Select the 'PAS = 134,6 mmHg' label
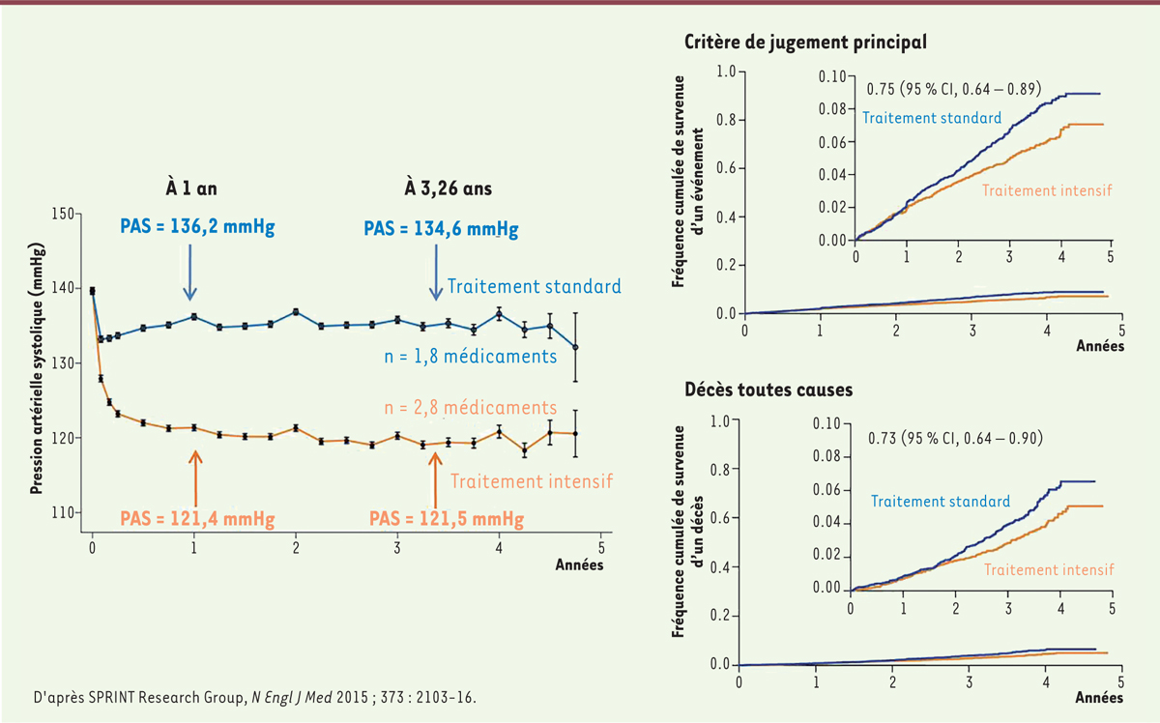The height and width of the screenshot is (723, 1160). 441,230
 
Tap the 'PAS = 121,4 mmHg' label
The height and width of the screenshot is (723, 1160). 197,519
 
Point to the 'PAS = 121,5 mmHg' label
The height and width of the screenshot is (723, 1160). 447,519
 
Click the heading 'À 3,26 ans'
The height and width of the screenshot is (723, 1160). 447,189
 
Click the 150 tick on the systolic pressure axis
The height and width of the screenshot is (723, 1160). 68,214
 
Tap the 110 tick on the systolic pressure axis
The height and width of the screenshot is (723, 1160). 68,512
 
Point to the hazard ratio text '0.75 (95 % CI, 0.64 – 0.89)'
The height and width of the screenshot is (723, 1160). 953,90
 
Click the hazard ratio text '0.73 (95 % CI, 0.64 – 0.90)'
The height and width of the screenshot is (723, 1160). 953,438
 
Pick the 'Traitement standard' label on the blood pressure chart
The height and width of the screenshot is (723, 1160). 533,286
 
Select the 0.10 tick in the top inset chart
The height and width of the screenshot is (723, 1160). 831,75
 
